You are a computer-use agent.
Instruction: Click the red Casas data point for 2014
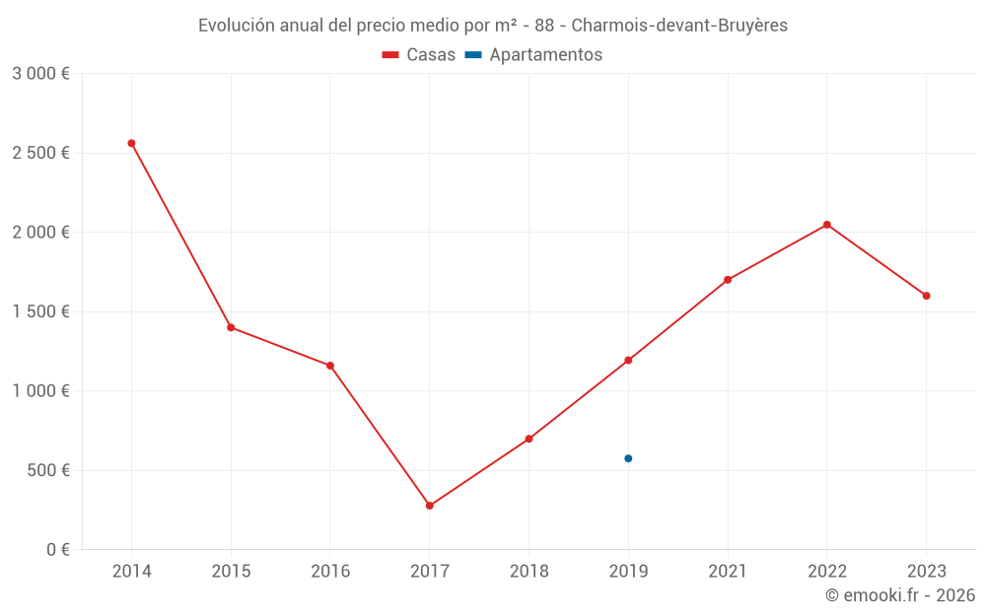(x=131, y=143)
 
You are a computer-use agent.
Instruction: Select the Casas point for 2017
(x=430, y=506)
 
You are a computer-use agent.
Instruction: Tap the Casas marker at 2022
(x=827, y=225)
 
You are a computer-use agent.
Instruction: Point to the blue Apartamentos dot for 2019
(x=628, y=458)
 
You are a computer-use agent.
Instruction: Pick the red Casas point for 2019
(x=628, y=360)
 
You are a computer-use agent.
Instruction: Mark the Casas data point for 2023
(x=927, y=296)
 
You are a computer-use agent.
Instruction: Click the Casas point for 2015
(x=231, y=327)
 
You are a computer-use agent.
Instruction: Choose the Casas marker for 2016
(x=330, y=366)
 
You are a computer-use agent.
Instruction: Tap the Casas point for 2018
(x=528, y=439)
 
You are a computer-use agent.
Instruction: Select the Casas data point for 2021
(x=728, y=280)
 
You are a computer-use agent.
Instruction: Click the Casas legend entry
(x=419, y=55)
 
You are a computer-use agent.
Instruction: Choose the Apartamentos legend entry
(x=533, y=55)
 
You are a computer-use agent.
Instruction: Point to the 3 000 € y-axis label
(x=40, y=74)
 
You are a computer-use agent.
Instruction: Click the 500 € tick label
(x=47, y=470)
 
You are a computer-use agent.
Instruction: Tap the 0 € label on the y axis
(x=56, y=550)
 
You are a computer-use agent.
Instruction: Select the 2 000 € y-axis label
(x=40, y=233)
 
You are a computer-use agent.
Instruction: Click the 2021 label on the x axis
(x=728, y=572)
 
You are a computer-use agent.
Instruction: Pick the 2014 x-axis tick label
(x=131, y=572)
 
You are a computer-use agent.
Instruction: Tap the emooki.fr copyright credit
(x=900, y=595)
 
